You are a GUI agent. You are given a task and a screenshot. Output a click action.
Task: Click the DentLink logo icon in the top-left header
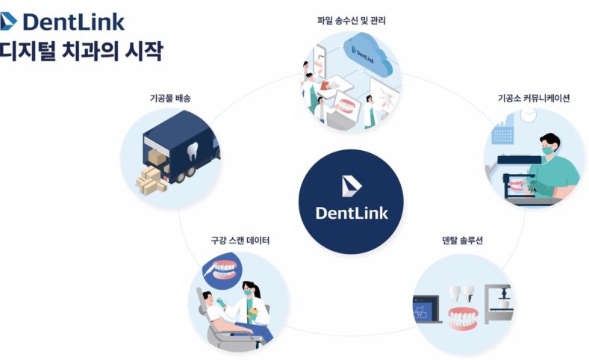tap(10, 21)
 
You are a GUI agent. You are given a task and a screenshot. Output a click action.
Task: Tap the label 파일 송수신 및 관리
tap(350, 20)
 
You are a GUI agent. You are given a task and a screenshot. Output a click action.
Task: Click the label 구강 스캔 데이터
tap(240, 240)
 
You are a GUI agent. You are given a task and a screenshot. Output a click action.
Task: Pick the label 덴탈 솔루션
tap(462, 240)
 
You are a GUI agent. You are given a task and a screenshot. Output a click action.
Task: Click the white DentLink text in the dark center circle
tap(352, 212)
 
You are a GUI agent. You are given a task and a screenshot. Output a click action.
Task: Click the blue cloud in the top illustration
tap(365, 52)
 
